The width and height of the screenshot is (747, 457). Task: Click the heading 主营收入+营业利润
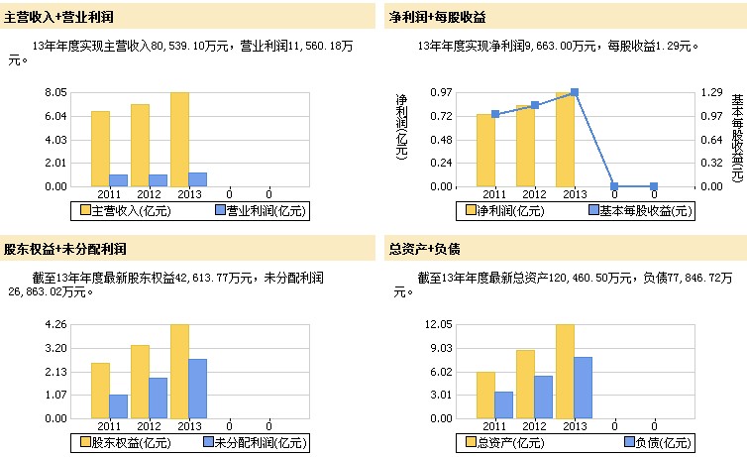click(59, 17)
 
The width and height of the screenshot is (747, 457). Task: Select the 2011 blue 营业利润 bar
click(119, 180)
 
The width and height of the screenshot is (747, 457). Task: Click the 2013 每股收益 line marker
click(575, 92)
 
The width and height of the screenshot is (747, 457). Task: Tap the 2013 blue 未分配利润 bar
click(198, 389)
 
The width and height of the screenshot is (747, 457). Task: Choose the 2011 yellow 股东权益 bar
click(100, 391)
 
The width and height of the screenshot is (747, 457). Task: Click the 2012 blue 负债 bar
click(544, 397)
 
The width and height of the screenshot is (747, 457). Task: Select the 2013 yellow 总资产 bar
click(565, 372)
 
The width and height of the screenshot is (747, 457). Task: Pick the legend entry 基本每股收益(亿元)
click(639, 210)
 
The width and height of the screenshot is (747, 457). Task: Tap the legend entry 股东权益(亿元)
click(116, 442)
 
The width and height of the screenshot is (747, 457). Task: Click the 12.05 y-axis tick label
click(438, 324)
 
